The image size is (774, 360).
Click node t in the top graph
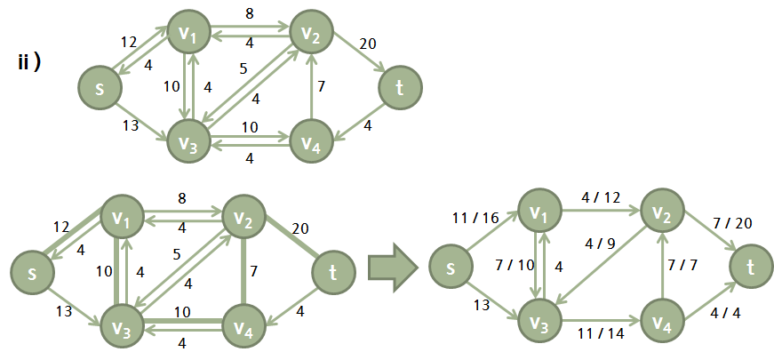pos(400,87)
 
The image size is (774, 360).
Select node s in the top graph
pos(98,87)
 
